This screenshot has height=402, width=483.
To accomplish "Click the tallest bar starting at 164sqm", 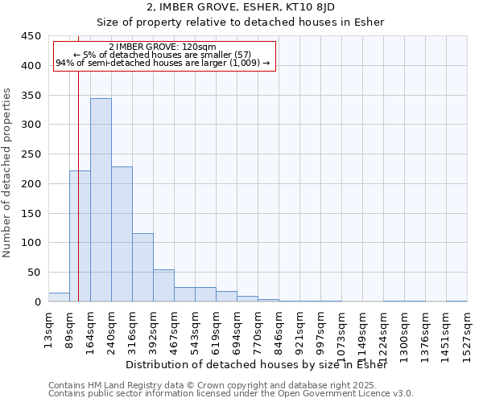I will coord(101,200).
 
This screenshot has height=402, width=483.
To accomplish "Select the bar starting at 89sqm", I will coord(80,236).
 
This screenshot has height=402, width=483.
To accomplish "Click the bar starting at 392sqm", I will coord(163,285).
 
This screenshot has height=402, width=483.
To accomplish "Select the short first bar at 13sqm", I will coord(59,297).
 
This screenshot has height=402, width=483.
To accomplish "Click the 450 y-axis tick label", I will coord(32,36).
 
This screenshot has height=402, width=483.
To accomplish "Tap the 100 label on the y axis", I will coord(32,243).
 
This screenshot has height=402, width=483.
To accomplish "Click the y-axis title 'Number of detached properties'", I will coord(8,173).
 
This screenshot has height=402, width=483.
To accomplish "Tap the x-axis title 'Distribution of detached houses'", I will coord(257,365).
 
